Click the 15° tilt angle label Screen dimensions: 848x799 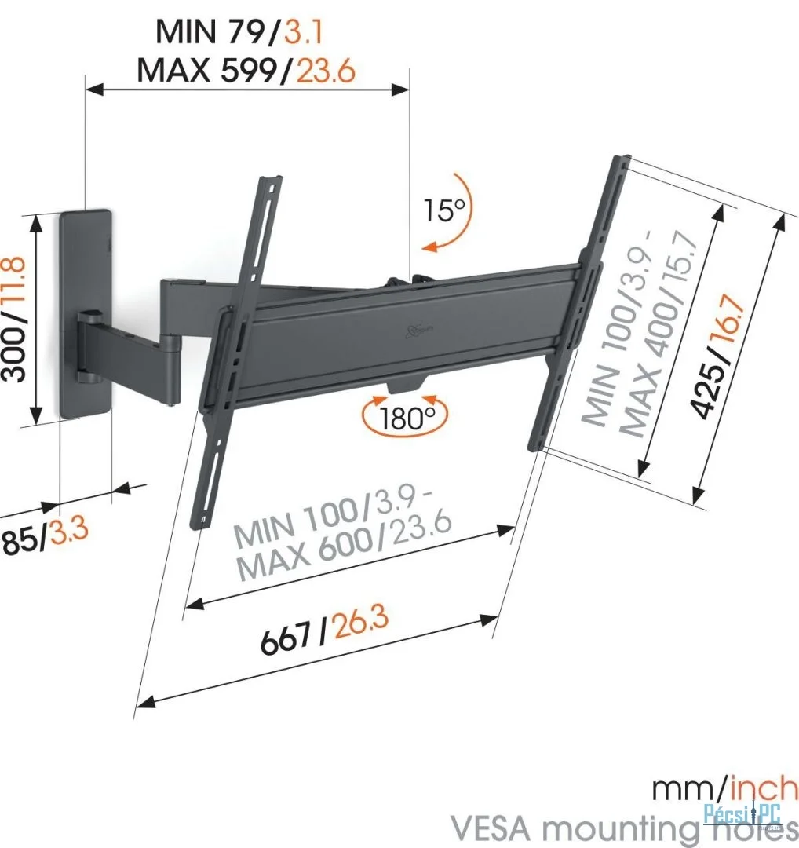click(x=444, y=210)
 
